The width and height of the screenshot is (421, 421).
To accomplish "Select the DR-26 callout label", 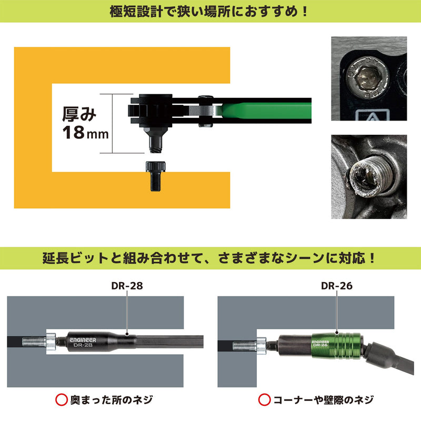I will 337,286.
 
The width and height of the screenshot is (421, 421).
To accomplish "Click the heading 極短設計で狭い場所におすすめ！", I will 210,11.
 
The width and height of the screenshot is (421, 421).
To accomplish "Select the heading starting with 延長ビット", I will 210,258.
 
